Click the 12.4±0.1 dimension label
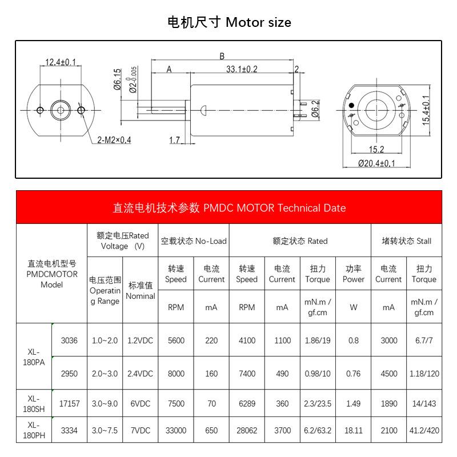pyautogui.click(x=61, y=62)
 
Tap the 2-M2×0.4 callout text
pyautogui.click(x=114, y=140)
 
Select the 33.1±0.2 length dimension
pyautogui.click(x=242, y=69)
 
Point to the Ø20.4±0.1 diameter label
pyautogui.click(x=376, y=163)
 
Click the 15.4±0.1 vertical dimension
pyautogui.click(x=426, y=110)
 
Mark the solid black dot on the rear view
pyautogui.click(x=351, y=105)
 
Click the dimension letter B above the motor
pyautogui.click(x=222, y=56)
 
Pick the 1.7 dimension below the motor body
pyautogui.click(x=174, y=140)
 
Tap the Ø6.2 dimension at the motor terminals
pyautogui.click(x=315, y=109)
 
